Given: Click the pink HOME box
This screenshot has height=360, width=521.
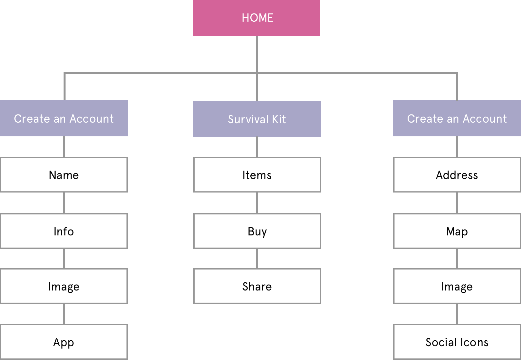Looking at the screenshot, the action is pyautogui.click(x=257, y=18).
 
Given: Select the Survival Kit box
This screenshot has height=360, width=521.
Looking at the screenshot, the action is pyautogui.click(x=257, y=119).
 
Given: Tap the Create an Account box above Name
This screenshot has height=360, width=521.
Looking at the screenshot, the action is pyautogui.click(x=64, y=118).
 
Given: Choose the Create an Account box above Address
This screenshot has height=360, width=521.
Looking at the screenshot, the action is pyautogui.click(x=457, y=118).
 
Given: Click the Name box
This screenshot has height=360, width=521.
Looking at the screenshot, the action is pyautogui.click(x=64, y=175).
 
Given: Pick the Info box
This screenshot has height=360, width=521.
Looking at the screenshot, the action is pyautogui.click(x=64, y=231).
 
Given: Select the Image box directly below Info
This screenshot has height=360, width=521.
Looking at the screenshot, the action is pyautogui.click(x=64, y=286).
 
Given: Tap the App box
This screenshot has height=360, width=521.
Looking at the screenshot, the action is pyautogui.click(x=64, y=342).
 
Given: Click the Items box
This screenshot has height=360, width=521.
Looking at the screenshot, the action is pyautogui.click(x=257, y=175).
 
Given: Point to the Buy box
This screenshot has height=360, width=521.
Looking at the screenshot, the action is pyautogui.click(x=257, y=231).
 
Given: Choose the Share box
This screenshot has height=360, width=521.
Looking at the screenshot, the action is pyautogui.click(x=257, y=286).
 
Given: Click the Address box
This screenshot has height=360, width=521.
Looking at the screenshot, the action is pyautogui.click(x=457, y=175).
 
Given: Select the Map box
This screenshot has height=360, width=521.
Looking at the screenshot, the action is pyautogui.click(x=457, y=231).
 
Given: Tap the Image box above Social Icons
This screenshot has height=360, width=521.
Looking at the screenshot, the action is pyautogui.click(x=457, y=286).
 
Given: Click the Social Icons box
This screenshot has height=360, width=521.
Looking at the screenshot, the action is pyautogui.click(x=457, y=342).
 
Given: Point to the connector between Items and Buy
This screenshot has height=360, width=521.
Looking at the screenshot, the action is pyautogui.click(x=257, y=203).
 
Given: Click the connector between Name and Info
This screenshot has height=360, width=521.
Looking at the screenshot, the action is pyautogui.click(x=64, y=203).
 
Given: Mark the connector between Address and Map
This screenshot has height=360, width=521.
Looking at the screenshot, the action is pyautogui.click(x=457, y=203).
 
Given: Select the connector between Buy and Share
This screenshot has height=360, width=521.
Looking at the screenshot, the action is pyautogui.click(x=257, y=259).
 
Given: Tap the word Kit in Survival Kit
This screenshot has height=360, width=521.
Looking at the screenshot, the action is pyautogui.click(x=279, y=119).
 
